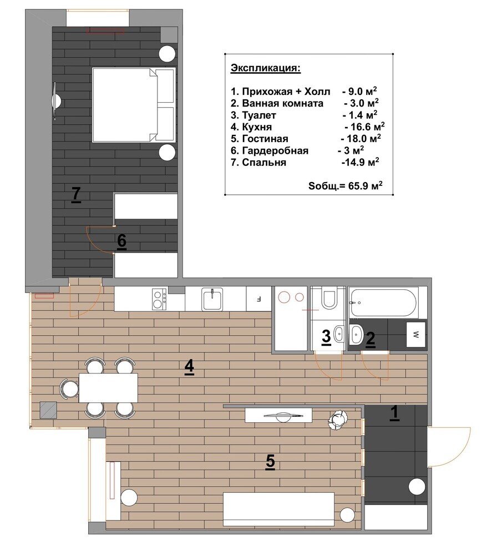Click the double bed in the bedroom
(134, 105)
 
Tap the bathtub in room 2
(383, 302)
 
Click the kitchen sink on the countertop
(212, 299)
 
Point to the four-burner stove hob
(159, 300)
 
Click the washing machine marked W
(415, 334)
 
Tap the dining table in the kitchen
(108, 387)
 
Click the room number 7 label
(76, 195)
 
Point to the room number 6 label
(121, 241)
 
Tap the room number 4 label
(189, 366)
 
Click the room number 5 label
(270, 462)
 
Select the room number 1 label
(394, 413)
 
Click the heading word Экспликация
(265, 68)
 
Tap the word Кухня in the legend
(257, 127)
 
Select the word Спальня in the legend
(264, 162)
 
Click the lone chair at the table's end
(69, 389)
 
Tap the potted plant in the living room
(338, 420)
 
